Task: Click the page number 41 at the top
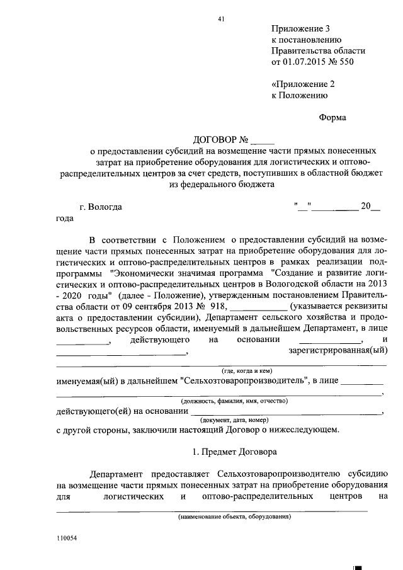point(222,19)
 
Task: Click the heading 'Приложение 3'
point(300,29)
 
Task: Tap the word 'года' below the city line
point(64,219)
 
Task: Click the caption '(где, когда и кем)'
point(246,371)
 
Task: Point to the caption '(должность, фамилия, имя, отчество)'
point(234,401)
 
